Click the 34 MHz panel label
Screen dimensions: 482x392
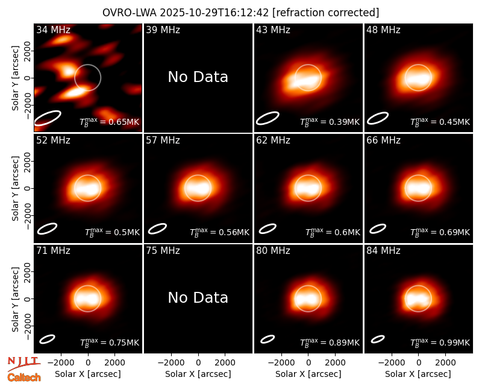point(53,30)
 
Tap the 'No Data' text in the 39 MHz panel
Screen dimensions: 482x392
point(198,77)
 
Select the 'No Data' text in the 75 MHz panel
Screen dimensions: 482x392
point(198,297)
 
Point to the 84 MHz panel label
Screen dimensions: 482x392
point(383,251)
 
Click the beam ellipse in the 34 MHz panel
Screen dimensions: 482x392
point(48,118)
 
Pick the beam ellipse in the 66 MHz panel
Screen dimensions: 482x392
point(378,229)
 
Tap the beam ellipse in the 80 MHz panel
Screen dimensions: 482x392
point(268,339)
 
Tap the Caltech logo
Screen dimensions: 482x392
point(24,378)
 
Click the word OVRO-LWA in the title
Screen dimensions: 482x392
point(130,13)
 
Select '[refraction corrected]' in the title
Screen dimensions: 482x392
point(326,13)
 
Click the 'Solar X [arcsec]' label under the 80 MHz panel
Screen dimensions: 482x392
point(308,374)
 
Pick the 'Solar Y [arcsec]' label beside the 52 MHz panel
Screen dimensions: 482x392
point(15,188)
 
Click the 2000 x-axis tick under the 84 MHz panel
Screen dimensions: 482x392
point(445,362)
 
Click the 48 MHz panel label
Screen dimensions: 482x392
point(383,30)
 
